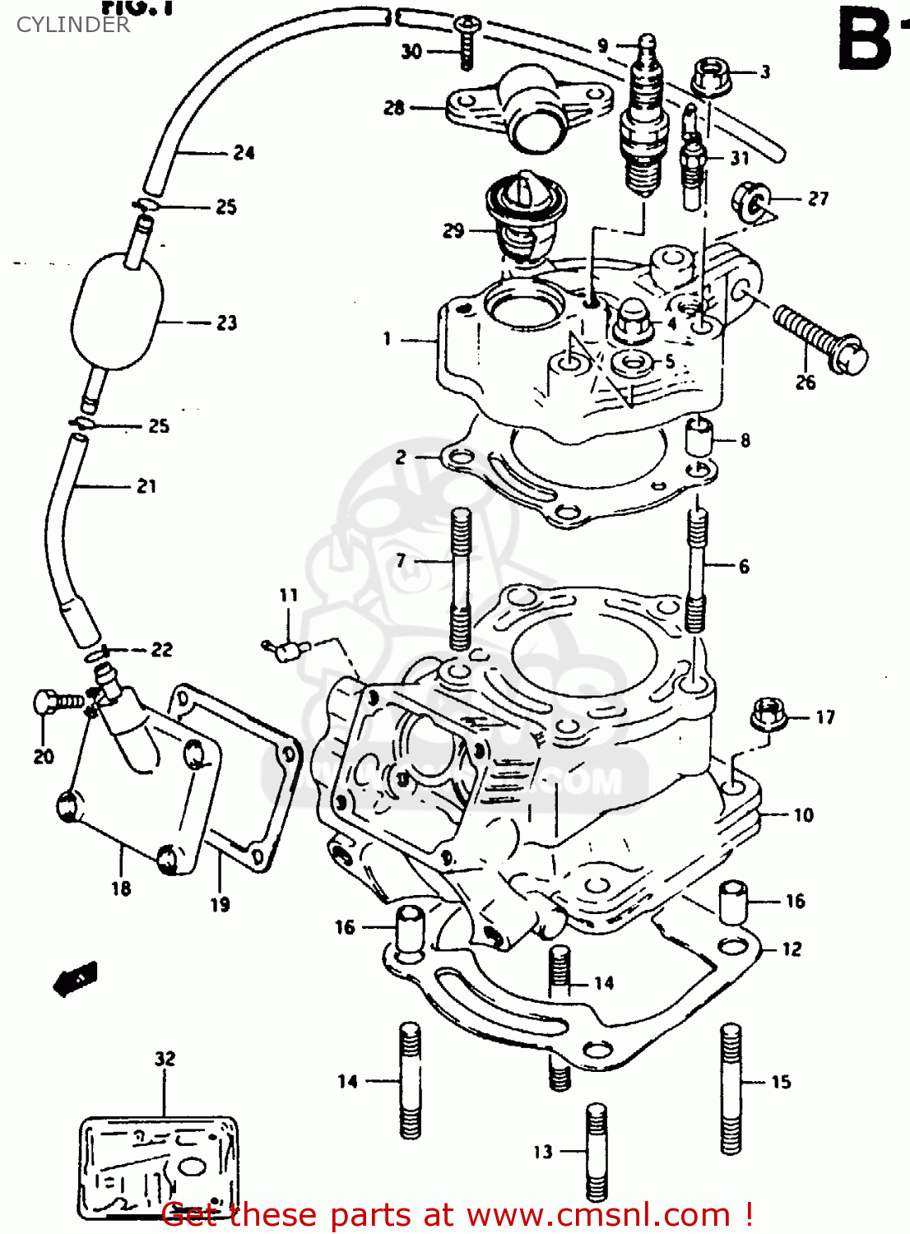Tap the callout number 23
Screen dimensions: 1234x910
226,323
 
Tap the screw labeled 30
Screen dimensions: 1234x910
466,41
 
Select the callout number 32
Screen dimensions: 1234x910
165,1058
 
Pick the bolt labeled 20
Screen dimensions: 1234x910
58,702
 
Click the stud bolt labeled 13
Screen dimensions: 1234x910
597,1152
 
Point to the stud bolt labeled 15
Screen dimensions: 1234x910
731,1088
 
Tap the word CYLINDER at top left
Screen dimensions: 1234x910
72,25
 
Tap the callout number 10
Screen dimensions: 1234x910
803,815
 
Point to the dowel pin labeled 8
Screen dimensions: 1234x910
699,436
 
